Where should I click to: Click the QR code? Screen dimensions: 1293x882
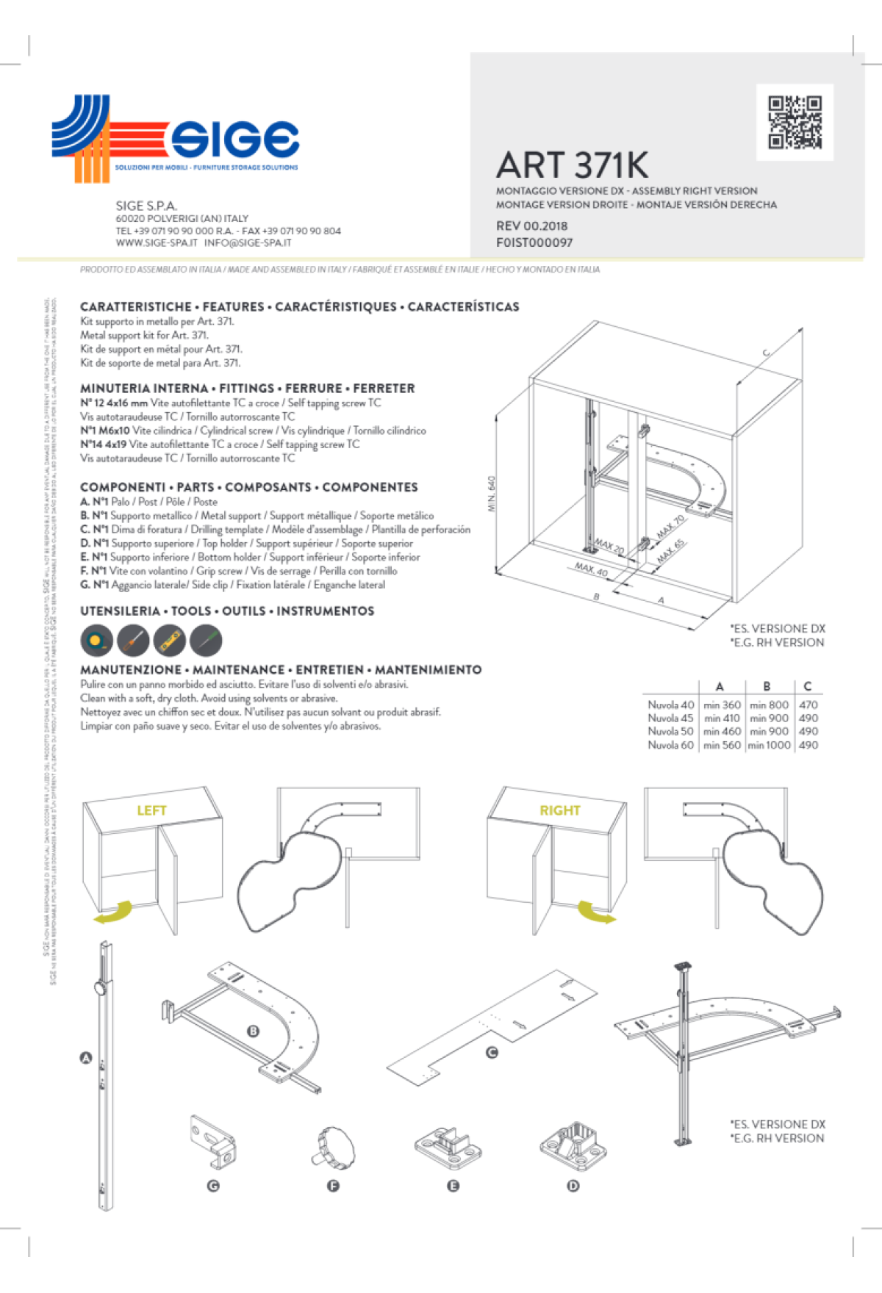795,122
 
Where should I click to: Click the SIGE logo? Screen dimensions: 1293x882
175,137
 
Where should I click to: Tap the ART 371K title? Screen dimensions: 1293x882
572,165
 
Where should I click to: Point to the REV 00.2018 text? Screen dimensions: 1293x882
531,226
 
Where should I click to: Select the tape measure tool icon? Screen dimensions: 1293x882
97,641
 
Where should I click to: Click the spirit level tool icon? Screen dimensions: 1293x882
169,641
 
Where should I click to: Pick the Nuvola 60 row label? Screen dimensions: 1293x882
670,745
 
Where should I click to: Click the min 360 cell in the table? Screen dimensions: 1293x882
722,705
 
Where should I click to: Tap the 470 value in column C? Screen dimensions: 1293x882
808,705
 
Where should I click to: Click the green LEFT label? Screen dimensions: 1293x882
151,810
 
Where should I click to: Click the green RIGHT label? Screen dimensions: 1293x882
560,810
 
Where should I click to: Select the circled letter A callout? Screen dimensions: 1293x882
85,1058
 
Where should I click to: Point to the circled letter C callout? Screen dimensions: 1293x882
492,1052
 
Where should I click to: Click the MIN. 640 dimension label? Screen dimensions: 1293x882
492,494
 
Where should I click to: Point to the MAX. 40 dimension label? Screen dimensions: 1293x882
592,569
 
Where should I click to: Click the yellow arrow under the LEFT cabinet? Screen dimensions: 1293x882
114,913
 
